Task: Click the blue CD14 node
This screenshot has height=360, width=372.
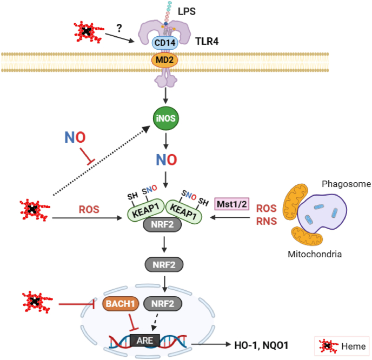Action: point(165,43)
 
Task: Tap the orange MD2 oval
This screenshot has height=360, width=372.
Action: point(165,60)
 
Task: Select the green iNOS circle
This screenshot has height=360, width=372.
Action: point(165,118)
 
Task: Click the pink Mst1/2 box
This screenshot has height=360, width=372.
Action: point(232,204)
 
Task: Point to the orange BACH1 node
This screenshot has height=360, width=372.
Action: point(120,304)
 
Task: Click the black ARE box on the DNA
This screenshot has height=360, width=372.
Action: point(145,341)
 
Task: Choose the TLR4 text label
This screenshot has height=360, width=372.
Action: point(207,41)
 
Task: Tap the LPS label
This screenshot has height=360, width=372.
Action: point(187,11)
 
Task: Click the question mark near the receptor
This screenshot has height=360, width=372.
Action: point(119,28)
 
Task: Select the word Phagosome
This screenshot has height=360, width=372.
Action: point(347,184)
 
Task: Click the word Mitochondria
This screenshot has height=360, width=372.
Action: point(315,254)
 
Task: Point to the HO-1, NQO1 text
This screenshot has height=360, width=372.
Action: point(261,345)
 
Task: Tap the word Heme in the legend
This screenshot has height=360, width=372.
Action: point(353,346)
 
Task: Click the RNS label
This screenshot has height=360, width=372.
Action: point(267,221)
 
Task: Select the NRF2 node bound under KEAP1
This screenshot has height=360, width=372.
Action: point(162,224)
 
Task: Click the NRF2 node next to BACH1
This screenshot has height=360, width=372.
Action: point(163,304)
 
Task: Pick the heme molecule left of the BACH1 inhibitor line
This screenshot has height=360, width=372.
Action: point(37,302)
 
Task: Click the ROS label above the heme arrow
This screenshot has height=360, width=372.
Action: point(89,209)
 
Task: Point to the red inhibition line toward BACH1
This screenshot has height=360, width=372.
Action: point(77,304)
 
